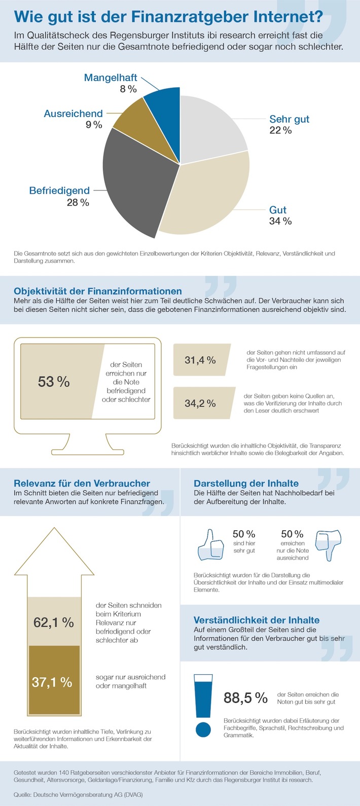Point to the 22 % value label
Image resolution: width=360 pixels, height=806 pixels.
(x=280, y=130)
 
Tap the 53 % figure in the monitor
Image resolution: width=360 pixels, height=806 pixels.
(x=54, y=382)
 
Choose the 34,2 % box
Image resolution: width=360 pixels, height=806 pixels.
(x=201, y=404)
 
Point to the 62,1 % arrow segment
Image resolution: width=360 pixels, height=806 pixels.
(x=54, y=622)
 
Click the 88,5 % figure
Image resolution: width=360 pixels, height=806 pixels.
(x=245, y=698)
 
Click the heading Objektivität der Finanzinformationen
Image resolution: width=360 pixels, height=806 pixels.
(x=98, y=291)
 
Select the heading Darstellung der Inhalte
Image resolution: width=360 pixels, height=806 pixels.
(x=246, y=483)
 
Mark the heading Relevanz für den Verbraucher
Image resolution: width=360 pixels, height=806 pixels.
(x=82, y=483)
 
